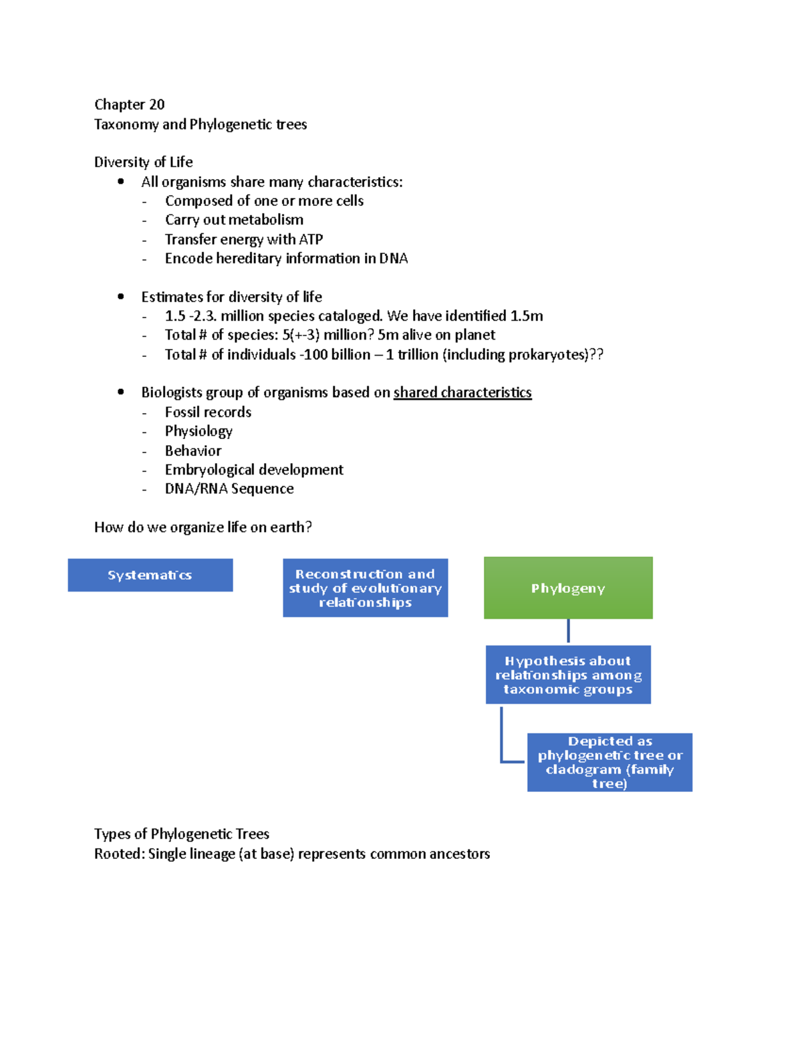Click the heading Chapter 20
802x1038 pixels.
129,104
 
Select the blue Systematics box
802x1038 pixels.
150,575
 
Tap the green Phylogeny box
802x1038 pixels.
568,588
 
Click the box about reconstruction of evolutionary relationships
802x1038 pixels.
365,588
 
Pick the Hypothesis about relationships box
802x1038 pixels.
568,675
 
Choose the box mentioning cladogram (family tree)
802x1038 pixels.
610,763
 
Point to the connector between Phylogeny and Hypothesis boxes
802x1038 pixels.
568,631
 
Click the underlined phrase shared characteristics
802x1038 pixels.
462,392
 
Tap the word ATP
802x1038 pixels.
311,239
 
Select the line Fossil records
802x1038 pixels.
208,412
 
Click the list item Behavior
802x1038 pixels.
193,450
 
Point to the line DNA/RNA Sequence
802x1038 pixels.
229,489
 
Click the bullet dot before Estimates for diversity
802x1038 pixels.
121,296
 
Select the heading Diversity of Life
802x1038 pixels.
143,162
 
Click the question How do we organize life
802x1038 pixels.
203,527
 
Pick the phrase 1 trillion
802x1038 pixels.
412,354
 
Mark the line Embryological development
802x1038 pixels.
254,470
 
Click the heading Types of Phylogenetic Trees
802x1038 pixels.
182,833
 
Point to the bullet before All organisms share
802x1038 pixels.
121,181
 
